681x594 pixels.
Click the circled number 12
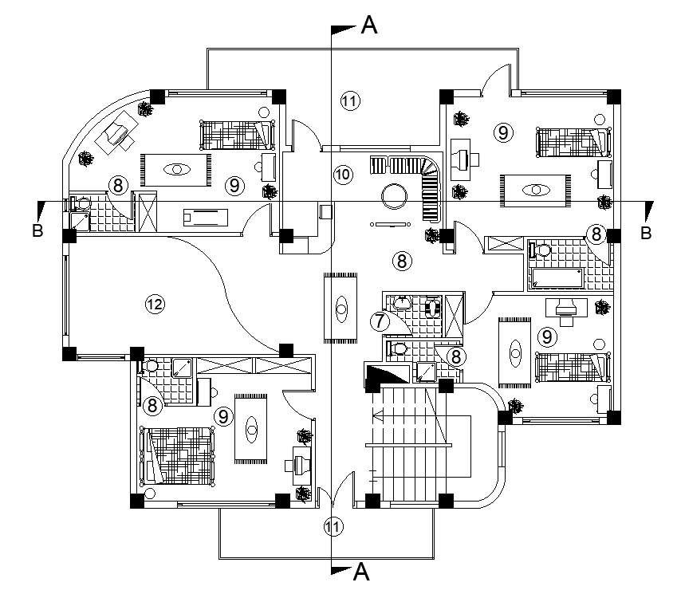click(154, 303)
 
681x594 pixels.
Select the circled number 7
click(380, 321)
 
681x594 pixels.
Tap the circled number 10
click(342, 175)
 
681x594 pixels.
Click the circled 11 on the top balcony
click(350, 100)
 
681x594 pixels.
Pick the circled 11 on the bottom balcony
click(335, 527)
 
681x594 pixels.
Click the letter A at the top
click(369, 26)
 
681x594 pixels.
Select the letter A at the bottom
click(361, 571)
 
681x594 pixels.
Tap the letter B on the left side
click(37, 232)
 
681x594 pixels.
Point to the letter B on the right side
click(646, 233)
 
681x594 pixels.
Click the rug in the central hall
click(342, 308)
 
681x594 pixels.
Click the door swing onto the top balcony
click(499, 80)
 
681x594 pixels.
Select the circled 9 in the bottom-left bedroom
click(224, 415)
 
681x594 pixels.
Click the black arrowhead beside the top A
click(344, 29)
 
